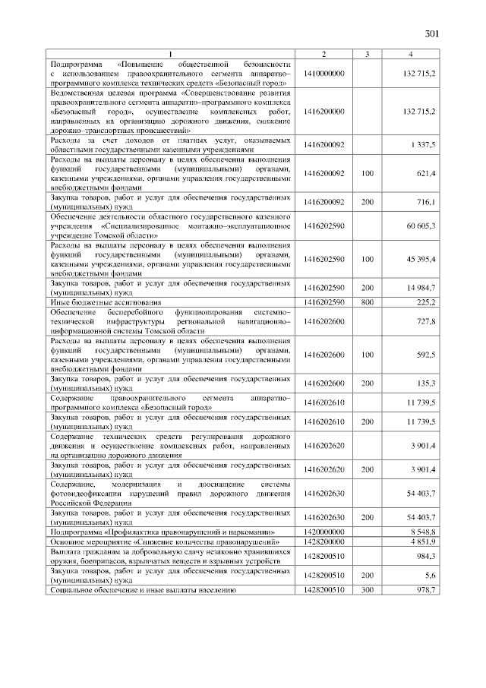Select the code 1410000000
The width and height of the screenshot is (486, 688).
coord(323,73)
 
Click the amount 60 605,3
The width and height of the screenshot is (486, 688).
coord(421,226)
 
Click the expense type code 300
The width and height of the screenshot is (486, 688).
coord(368,589)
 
